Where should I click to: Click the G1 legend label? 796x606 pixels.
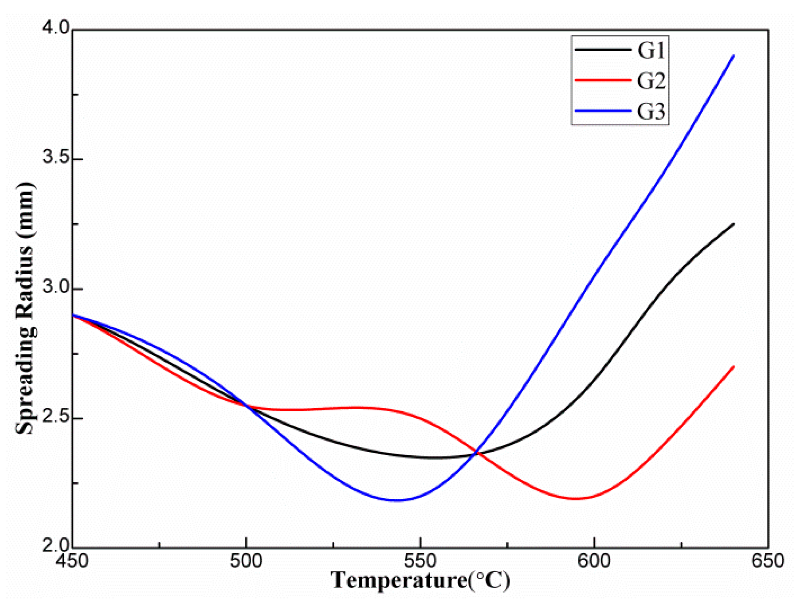pos(651,50)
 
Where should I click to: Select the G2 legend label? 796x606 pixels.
pos(651,81)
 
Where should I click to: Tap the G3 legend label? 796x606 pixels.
pos(651,111)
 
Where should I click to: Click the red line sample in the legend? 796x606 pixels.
pos(603,80)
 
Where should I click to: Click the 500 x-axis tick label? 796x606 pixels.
pos(246,561)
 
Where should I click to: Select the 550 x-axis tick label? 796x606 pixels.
pos(420,561)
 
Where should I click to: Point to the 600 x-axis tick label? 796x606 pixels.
pos(594,561)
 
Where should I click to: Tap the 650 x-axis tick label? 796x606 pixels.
pos(768,561)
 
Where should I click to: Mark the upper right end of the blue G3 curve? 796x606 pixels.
pos(733,56)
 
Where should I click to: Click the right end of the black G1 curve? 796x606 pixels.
pos(733,224)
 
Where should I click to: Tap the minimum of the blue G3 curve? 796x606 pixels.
pos(396,500)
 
